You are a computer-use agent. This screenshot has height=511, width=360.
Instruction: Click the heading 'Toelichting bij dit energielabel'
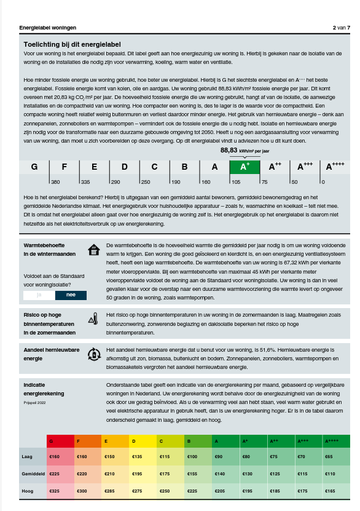[72, 44]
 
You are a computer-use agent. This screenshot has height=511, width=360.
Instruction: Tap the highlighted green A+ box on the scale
[244, 167]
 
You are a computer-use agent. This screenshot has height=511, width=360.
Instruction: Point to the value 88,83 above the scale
[229, 150]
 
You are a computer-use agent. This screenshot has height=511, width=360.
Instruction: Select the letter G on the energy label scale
[34, 167]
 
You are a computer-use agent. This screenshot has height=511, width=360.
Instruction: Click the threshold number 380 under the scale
[55, 182]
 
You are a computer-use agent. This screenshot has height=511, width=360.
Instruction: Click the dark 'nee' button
[71, 295]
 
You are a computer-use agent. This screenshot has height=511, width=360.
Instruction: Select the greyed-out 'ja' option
[39, 295]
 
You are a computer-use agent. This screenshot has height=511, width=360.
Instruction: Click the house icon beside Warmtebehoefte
[93, 250]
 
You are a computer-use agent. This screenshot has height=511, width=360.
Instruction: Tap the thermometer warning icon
[93, 319]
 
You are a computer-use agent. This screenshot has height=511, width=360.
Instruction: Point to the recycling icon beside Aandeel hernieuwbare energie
[93, 354]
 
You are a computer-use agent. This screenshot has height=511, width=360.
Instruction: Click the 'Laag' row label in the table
[28, 457]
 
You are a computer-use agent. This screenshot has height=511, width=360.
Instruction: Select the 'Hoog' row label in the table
[28, 491]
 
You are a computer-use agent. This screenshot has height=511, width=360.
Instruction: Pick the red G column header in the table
[60, 441]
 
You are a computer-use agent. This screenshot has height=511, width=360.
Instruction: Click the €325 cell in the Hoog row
[55, 491]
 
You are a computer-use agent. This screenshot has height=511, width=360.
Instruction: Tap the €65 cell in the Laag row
[329, 457]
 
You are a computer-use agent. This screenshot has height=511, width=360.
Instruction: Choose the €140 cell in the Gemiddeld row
[219, 474]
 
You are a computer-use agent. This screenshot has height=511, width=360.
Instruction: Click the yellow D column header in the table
[143, 441]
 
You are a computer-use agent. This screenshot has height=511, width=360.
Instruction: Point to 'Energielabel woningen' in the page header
[48, 28]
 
